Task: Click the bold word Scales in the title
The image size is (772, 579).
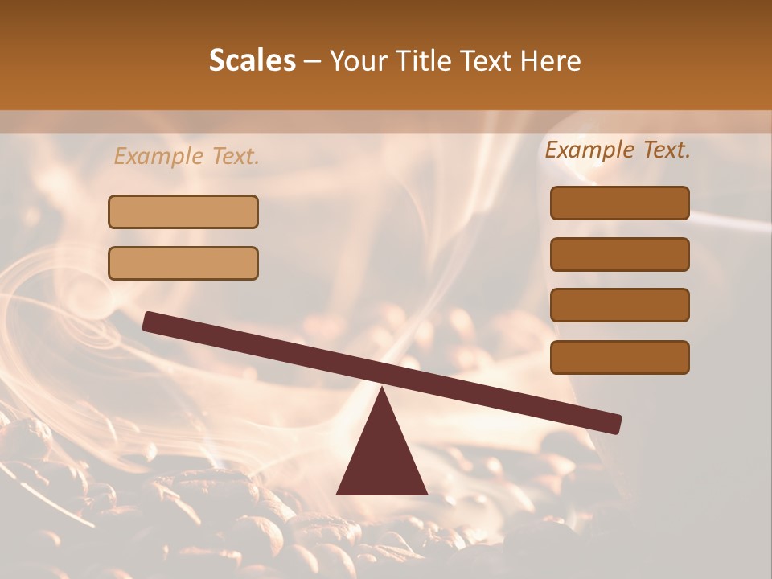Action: (x=253, y=60)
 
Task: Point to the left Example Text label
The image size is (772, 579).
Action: (x=187, y=157)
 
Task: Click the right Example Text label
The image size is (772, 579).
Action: (x=618, y=150)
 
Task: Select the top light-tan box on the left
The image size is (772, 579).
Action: (x=183, y=211)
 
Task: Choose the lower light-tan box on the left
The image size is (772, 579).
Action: (x=183, y=263)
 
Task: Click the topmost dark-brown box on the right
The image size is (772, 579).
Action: (x=619, y=203)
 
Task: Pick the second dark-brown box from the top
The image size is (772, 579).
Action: (x=619, y=254)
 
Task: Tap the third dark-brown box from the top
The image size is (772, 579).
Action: (x=619, y=305)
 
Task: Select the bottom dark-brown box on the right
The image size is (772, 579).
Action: (x=619, y=357)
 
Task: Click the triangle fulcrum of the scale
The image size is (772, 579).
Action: (x=382, y=458)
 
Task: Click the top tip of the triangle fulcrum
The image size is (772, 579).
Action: (x=382, y=389)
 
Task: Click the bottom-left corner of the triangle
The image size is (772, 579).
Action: (x=338, y=493)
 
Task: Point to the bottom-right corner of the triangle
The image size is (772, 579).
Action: (x=426, y=493)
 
